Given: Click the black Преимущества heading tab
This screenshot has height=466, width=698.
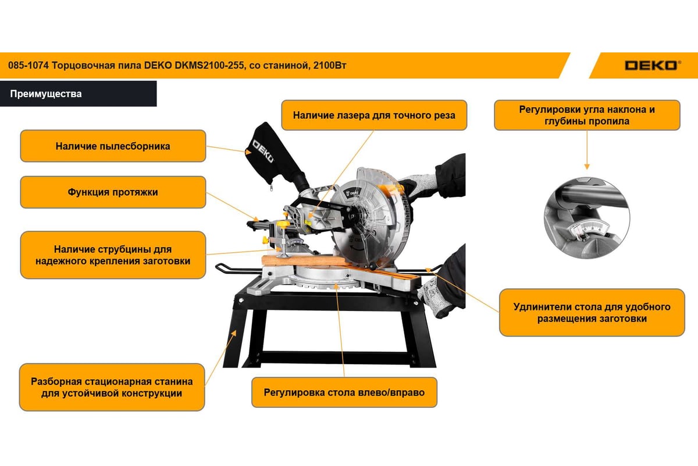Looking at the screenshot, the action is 78,94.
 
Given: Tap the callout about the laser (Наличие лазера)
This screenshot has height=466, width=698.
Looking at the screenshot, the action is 374,115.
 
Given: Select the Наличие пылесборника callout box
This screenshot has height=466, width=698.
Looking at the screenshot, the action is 113,146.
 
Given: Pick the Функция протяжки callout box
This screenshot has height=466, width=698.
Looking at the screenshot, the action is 113,192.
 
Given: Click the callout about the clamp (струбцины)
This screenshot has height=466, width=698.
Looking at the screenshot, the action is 113,255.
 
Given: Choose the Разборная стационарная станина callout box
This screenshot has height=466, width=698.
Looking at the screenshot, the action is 112,387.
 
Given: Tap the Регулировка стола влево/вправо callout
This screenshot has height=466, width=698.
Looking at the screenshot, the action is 344,393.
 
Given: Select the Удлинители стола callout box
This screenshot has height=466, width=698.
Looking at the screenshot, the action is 592,312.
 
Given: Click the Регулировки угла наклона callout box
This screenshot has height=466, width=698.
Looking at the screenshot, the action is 587,115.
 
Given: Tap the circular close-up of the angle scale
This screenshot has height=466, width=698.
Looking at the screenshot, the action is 587,218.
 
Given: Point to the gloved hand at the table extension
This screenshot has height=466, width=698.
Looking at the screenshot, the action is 435,296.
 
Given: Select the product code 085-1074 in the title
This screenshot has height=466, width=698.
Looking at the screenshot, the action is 29,66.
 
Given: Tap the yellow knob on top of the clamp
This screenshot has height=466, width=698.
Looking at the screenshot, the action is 283,224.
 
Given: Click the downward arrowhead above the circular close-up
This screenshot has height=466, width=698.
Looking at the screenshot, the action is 587,167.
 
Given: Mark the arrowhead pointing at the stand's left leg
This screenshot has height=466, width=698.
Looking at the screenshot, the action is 234,333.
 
